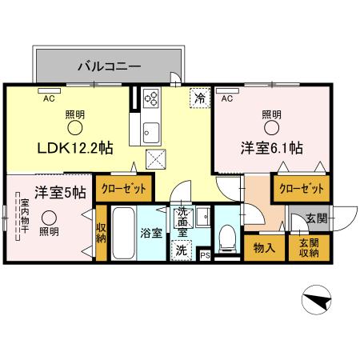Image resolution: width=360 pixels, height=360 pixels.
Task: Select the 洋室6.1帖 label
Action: (272, 148)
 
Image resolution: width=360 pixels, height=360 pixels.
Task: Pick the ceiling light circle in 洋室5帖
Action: (50, 218)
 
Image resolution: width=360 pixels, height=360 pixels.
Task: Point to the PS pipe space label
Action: (205, 255)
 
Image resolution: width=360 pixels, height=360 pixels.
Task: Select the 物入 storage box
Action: (264, 248)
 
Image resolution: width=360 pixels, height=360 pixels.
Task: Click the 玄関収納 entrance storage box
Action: (309, 248)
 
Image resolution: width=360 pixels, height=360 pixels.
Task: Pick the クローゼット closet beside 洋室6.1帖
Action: (302, 189)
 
